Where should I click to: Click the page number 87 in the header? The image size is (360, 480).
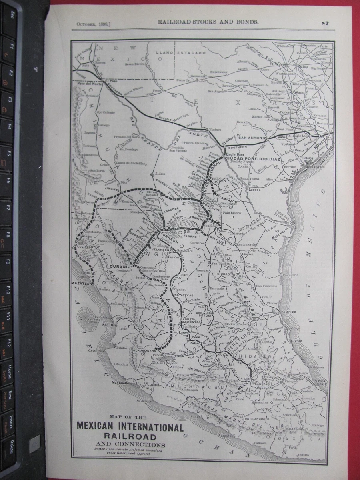(x=324, y=23)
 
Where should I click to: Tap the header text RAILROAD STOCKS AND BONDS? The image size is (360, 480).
(x=208, y=23)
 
